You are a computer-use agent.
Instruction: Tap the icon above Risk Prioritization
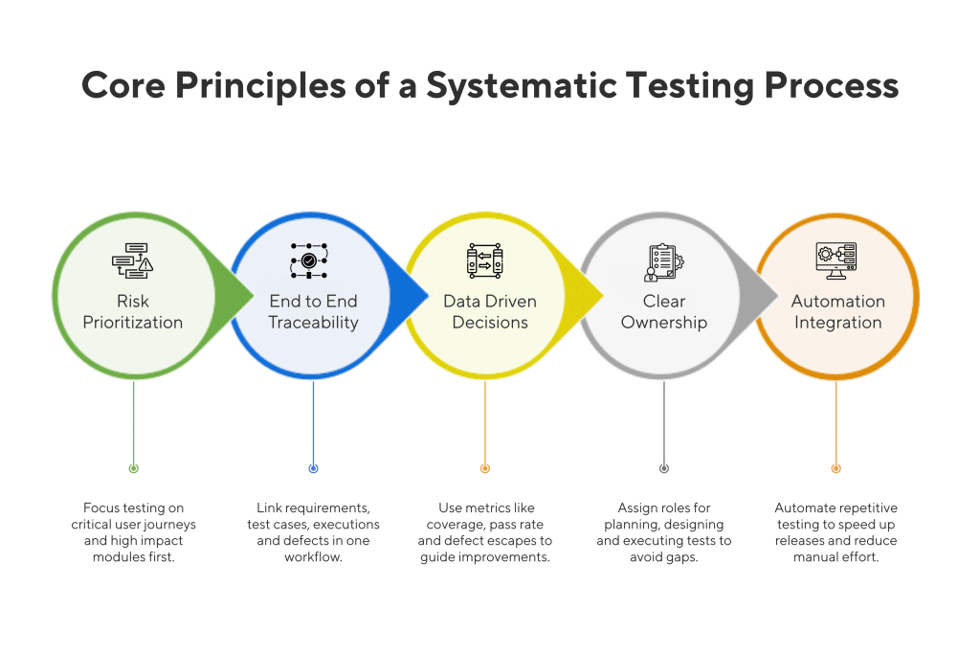[133, 260]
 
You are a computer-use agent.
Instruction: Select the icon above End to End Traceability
[309, 260]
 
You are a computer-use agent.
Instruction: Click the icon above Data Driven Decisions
[484, 260]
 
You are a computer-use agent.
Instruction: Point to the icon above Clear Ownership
[662, 260]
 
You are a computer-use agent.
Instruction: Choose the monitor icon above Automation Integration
[835, 260]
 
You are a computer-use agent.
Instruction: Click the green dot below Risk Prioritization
[133, 468]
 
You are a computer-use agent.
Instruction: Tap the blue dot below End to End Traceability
[313, 468]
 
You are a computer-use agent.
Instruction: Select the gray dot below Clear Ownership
[664, 468]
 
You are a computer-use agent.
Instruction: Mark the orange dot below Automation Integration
[835, 468]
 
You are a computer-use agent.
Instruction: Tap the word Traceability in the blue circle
[313, 323]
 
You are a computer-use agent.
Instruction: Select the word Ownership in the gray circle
[664, 323]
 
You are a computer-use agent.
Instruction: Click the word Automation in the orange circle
[837, 302]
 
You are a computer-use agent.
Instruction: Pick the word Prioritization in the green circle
[133, 323]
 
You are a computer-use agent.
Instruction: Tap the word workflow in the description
[313, 557]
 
